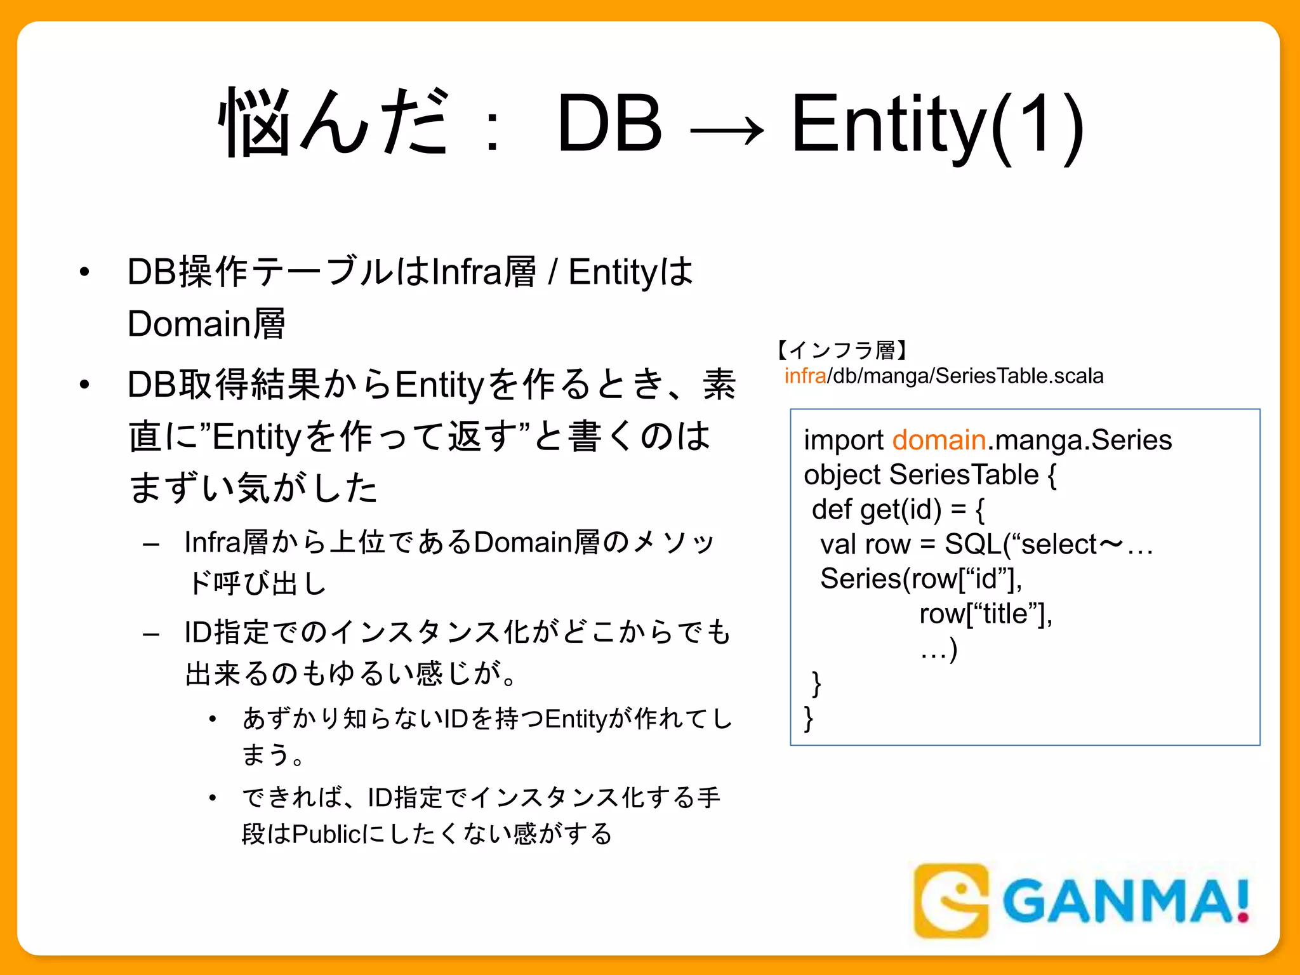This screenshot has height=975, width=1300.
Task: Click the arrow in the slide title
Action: tap(727, 131)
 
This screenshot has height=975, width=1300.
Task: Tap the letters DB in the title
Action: tap(609, 124)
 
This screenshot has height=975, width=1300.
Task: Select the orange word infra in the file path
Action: tap(805, 376)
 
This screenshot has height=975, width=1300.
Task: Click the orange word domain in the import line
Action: tap(939, 440)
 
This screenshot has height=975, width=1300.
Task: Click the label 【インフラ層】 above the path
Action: tap(842, 349)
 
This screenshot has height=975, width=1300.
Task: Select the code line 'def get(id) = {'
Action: tap(898, 509)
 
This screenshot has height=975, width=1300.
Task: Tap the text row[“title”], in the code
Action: tap(986, 614)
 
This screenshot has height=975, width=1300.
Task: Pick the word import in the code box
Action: tap(844, 440)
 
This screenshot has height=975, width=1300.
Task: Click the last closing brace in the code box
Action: tap(808, 719)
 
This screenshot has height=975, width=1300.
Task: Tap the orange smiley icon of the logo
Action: tap(951, 900)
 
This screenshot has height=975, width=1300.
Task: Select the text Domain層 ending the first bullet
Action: tap(207, 324)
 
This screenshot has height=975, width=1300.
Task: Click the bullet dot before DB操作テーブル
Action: tap(84, 272)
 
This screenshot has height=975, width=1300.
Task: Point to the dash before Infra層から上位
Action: tap(151, 544)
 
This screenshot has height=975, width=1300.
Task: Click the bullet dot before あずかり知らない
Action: tap(213, 719)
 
